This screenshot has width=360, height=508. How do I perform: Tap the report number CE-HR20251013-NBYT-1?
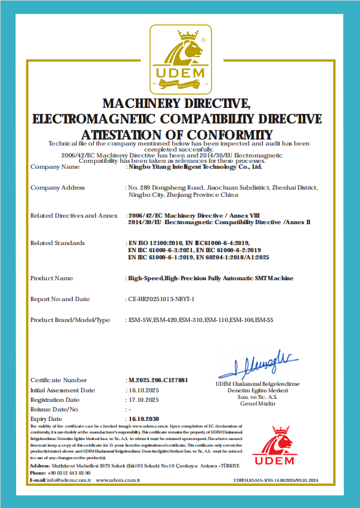coord(162,299)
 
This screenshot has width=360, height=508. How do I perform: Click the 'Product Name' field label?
coord(51,278)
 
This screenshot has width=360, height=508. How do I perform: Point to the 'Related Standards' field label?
coord(57,243)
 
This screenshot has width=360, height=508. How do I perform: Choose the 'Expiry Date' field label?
coord(47,419)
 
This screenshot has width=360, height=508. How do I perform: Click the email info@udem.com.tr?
coord(69,480)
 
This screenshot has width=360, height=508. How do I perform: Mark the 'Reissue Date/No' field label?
coord(54,410)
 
